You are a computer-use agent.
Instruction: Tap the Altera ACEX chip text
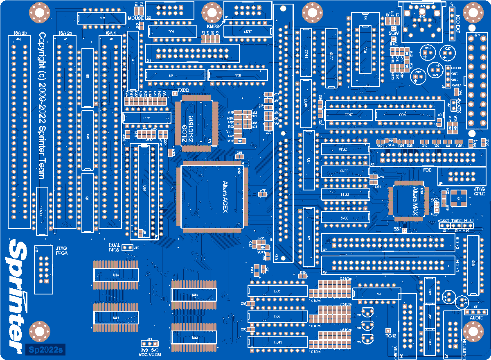tap(225, 197)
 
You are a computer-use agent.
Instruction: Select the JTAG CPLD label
tap(479, 191)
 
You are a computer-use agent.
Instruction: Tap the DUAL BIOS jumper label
tap(115, 247)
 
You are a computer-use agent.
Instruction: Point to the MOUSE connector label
tap(135, 18)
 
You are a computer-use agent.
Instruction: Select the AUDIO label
tap(476, 318)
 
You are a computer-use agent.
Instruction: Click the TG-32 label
tap(391, 336)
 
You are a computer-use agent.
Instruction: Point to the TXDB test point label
tap(184, 90)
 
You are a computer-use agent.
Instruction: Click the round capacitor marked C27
tap(448, 52)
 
